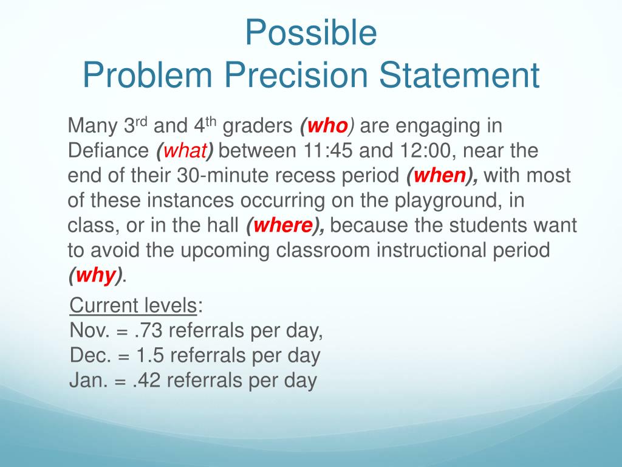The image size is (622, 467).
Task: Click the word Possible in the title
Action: point(311,33)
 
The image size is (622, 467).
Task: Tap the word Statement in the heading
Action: point(459,75)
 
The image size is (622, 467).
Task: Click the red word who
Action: point(327,126)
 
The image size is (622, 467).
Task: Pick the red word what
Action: point(185,151)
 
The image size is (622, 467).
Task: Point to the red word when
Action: point(440,176)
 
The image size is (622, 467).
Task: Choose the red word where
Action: point(283,225)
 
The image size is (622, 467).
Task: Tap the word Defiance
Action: point(108,151)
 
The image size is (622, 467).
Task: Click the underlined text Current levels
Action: point(133,306)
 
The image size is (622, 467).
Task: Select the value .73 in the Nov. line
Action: point(148,331)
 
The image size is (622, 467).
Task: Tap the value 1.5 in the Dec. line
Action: point(150,355)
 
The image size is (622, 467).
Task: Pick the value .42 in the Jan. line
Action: point(146,381)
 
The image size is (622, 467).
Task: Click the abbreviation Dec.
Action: point(91,355)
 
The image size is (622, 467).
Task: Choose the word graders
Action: point(258,126)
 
